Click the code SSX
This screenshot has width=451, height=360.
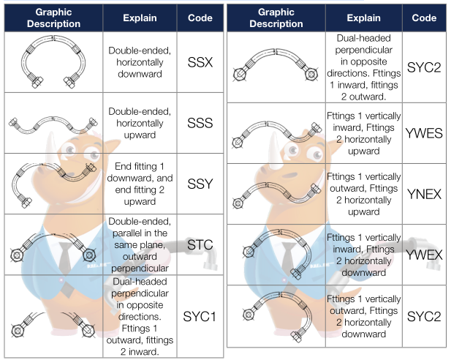tap(200, 62)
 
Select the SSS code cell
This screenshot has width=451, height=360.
tap(200, 123)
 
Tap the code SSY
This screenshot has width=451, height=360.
tap(200, 184)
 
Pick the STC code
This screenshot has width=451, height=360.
tap(200, 245)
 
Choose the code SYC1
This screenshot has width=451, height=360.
tap(200, 317)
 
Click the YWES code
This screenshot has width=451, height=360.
tap(424, 133)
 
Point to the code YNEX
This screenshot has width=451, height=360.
tap(424, 194)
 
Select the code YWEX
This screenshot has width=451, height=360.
tap(424, 255)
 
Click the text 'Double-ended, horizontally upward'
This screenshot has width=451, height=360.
tap(140, 123)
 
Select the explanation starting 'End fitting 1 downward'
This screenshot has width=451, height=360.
tap(140, 184)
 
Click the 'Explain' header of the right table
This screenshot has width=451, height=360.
tap(363, 18)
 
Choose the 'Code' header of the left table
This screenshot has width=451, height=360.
tap(200, 18)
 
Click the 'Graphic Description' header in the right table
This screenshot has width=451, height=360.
tap(276, 18)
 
